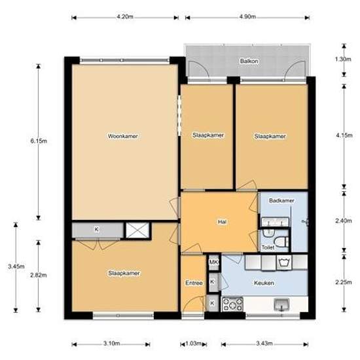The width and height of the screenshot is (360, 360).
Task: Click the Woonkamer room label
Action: click(123, 136)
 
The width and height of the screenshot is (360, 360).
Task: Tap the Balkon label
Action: click(249, 61)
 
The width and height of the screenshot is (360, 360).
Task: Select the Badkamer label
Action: click(281, 200)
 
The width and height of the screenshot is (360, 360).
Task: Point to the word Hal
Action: click(222, 222)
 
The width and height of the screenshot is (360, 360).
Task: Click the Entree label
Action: click(194, 283)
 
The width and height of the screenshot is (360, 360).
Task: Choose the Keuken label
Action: click(264, 283)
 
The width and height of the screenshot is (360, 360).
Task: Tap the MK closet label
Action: click(214, 262)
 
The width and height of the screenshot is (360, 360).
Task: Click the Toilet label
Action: click(268, 247)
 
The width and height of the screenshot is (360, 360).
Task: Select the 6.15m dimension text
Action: click(39, 141)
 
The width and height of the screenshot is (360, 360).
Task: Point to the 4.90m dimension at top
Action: click(247, 17)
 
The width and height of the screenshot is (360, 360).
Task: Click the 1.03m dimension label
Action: click(193, 344)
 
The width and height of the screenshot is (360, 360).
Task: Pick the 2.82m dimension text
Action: click(39, 275)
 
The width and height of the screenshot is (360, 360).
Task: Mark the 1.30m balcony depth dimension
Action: click(343, 59)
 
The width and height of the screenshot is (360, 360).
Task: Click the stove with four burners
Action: click(232, 304)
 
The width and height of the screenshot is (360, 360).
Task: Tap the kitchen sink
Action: click(281, 304)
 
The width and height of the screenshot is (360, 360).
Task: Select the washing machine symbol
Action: click(284, 262)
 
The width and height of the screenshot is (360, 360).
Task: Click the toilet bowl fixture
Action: click(281, 242)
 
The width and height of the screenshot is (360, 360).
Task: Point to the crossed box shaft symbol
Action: click(137, 230)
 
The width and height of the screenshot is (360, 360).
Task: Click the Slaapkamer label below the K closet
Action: click(124, 273)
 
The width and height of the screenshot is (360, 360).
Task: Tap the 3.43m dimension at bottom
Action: click(264, 344)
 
